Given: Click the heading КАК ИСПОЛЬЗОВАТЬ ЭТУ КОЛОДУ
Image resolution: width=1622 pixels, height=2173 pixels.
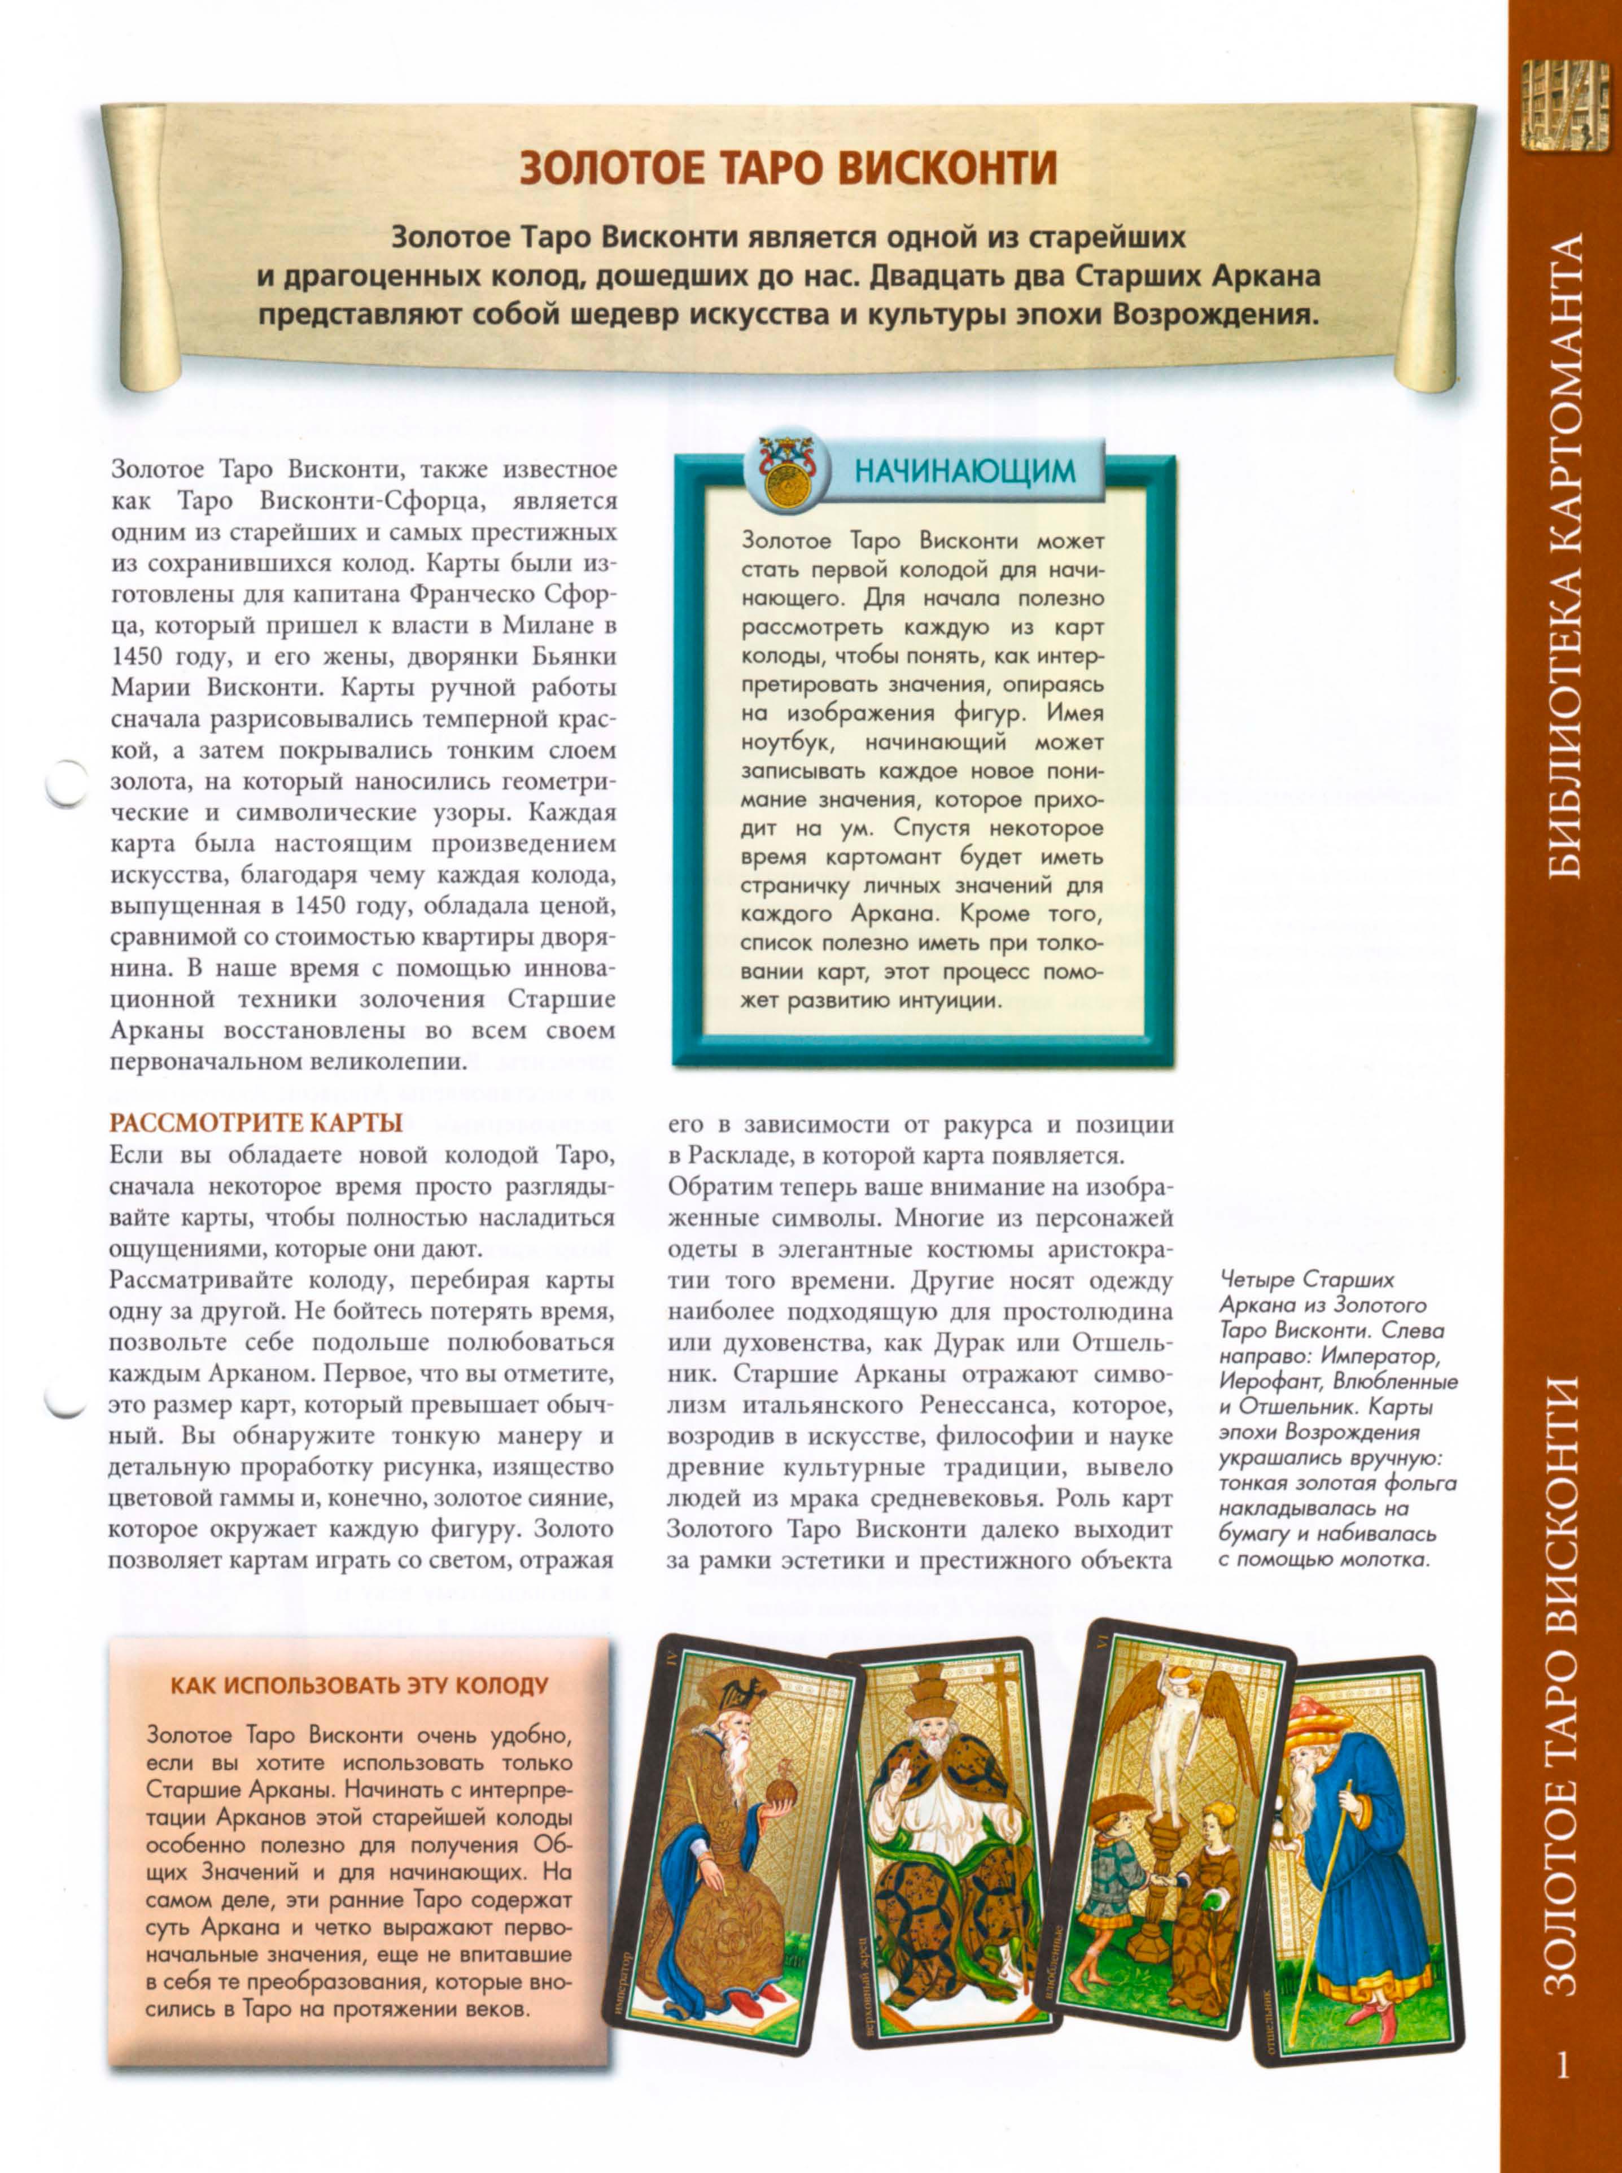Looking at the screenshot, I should click(x=360, y=1686).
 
